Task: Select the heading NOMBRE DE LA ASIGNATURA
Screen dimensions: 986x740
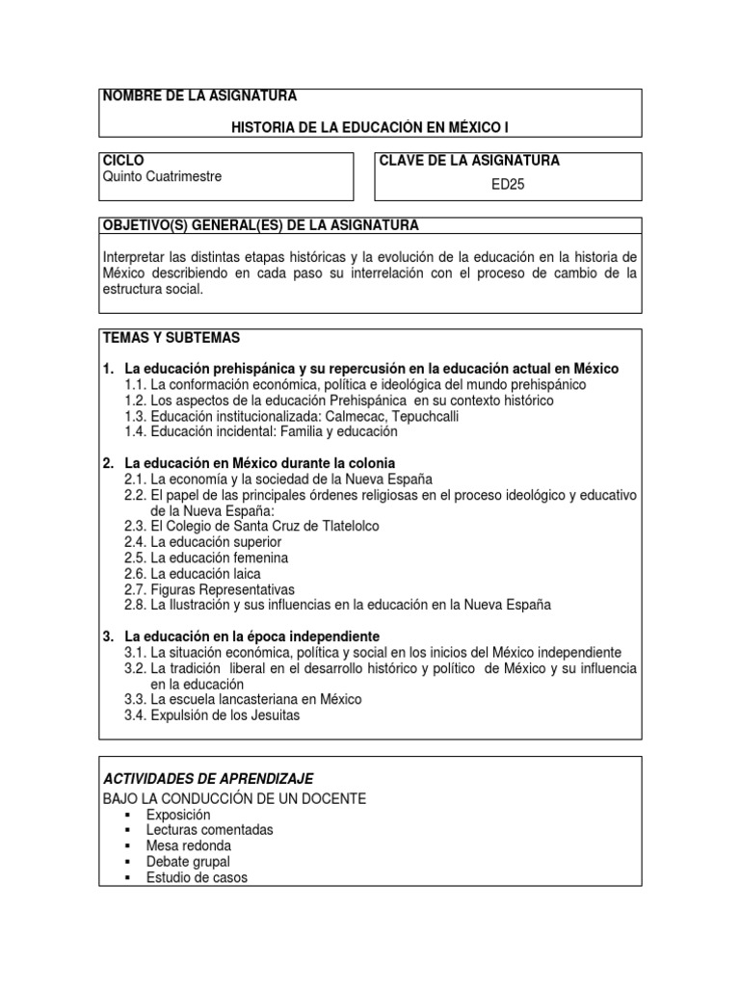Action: pos(199,96)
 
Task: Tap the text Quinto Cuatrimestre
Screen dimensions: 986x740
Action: pos(161,177)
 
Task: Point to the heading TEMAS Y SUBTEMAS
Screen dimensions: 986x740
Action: pos(171,339)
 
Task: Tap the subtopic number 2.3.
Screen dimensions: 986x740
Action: pos(135,527)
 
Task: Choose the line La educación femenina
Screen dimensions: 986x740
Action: pos(220,558)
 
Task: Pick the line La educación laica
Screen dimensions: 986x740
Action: pos(205,574)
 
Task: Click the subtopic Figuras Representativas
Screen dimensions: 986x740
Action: pos(223,589)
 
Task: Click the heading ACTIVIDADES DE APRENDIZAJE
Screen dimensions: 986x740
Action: pos(207,778)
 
